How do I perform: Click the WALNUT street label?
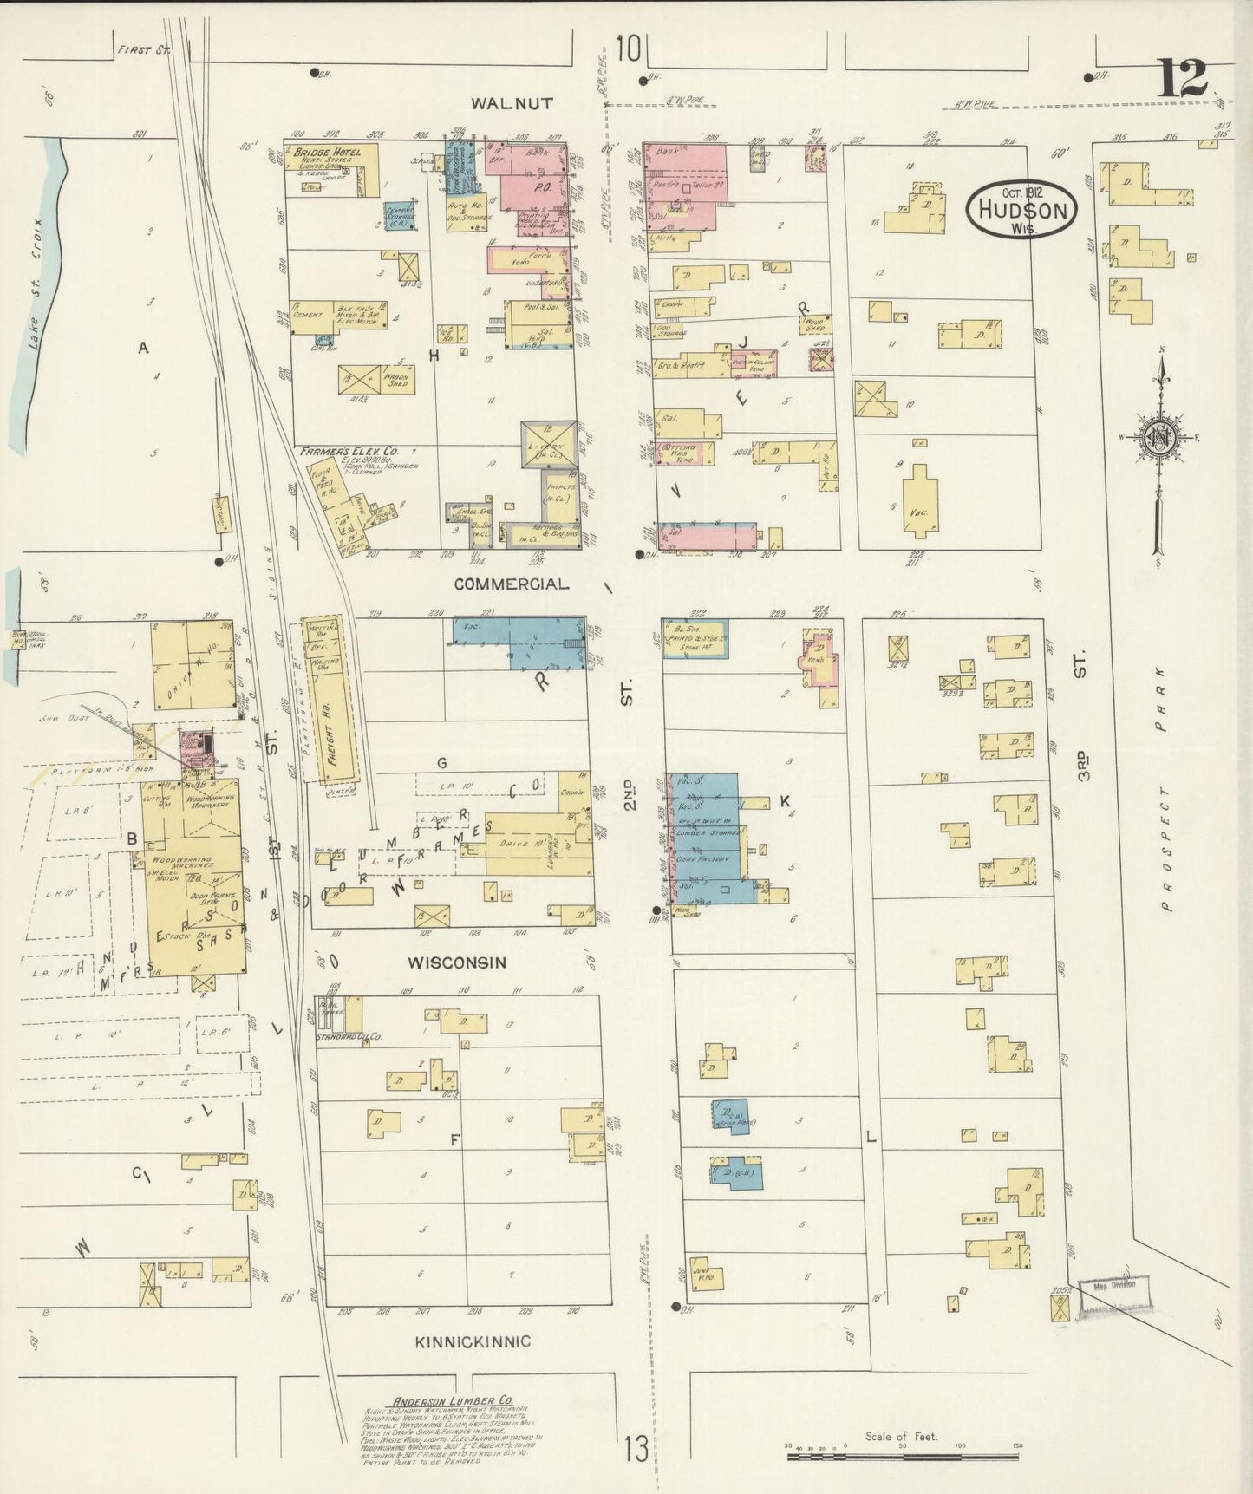[512, 103]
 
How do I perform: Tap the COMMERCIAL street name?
[512, 584]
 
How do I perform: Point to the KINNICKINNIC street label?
[473, 1342]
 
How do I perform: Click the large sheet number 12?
[1180, 79]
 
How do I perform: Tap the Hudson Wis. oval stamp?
[1023, 208]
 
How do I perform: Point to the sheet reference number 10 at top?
[629, 49]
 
